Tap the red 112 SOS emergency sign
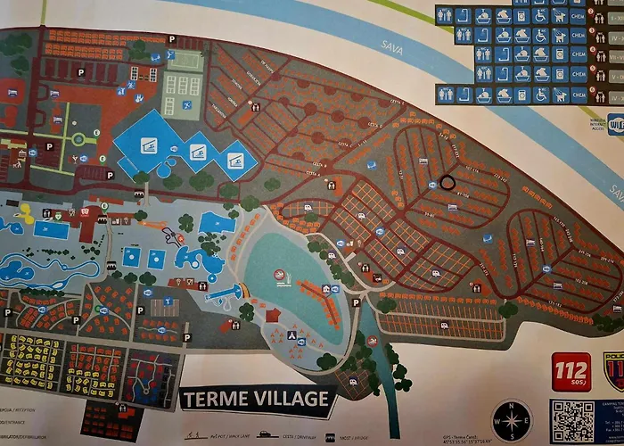571,370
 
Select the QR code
572,420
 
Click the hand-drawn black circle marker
447,181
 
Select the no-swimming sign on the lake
279,274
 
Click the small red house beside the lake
273,315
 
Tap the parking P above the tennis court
172,39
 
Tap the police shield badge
613,369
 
